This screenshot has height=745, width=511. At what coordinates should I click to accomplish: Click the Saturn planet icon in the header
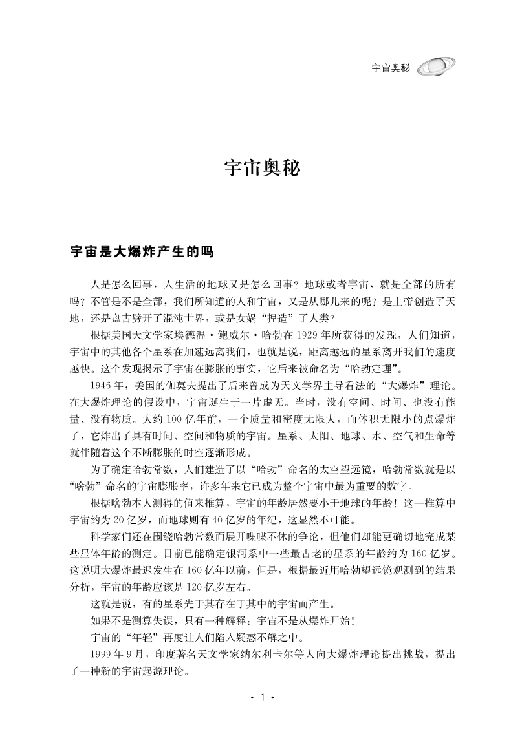click(x=437, y=67)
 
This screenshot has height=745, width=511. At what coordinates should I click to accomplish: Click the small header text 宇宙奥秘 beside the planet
click(x=392, y=68)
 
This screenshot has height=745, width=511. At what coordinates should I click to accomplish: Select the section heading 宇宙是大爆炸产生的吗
click(x=142, y=251)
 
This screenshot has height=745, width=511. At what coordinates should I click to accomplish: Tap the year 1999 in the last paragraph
click(x=105, y=655)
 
